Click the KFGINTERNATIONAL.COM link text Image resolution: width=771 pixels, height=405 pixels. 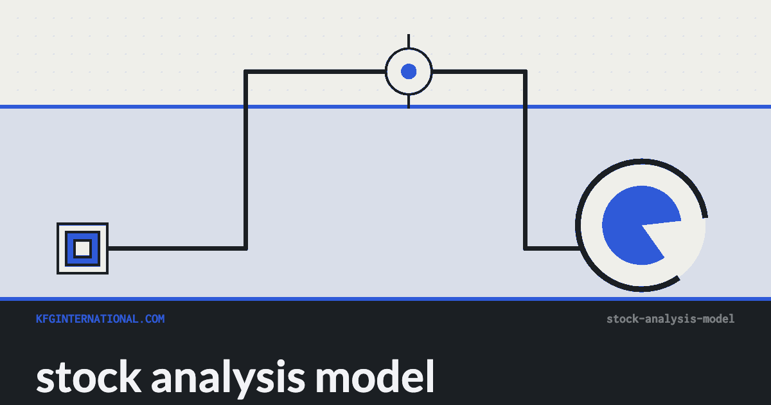coord(100,319)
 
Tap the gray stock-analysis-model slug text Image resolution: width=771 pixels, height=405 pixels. coord(671,319)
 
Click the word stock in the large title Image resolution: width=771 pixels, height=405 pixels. coord(89,377)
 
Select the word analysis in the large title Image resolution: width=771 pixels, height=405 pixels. coord(228,378)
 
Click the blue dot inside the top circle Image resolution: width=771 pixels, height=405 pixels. coord(409,71)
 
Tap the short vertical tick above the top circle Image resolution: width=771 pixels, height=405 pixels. coord(409,41)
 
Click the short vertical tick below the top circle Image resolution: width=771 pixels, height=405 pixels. coord(409,102)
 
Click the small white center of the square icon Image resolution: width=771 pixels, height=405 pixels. coord(83,248)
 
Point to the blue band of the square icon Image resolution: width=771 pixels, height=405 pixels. coord(69,248)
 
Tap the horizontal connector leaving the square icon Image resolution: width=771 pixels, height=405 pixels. coord(177,248)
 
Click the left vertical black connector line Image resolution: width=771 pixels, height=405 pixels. coord(245,160)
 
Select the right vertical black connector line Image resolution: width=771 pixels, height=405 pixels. coord(526,160)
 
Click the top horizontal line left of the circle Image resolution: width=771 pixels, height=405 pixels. coord(315,71)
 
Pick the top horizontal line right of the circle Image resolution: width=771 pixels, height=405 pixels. coord(479,71)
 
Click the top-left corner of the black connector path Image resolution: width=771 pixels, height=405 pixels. coord(245,71)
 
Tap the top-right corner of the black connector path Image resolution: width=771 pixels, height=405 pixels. coord(526,71)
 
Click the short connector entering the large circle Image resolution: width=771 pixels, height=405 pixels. coord(552,248)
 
